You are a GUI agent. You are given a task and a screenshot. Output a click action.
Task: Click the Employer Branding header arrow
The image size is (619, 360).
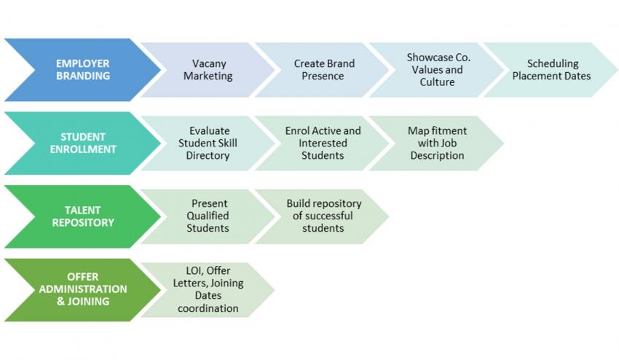[x=83, y=69]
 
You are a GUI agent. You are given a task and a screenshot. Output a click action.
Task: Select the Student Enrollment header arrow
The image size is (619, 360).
[x=83, y=143]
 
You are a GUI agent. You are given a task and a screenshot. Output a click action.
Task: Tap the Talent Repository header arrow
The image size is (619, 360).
[x=83, y=216]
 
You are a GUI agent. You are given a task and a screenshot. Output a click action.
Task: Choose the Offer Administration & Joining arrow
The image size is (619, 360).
[x=83, y=289]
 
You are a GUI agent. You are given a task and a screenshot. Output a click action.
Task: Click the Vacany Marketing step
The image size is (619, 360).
[x=208, y=69]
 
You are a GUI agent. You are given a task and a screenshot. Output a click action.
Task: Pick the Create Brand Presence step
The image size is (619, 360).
[x=323, y=69]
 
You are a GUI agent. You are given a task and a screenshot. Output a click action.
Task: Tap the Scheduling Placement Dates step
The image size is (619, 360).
[x=551, y=69]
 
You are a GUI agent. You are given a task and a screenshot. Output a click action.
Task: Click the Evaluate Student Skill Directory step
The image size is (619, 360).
[x=208, y=143]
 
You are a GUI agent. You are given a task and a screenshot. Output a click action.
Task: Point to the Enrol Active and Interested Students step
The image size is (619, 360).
[x=323, y=143]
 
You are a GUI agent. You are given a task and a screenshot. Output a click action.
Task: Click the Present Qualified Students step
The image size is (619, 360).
[x=208, y=216]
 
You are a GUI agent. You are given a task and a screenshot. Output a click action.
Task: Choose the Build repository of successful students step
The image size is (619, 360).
[x=323, y=216]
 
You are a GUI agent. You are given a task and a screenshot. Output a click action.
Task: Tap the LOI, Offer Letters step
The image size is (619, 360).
[x=208, y=289]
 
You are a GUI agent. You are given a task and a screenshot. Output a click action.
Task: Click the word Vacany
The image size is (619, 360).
[x=209, y=64]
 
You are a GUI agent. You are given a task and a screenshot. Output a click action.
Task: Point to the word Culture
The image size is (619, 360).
[x=437, y=82]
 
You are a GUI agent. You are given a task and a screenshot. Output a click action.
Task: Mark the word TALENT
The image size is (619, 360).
[x=83, y=210]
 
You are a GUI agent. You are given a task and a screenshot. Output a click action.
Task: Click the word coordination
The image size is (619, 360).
[x=208, y=308]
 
